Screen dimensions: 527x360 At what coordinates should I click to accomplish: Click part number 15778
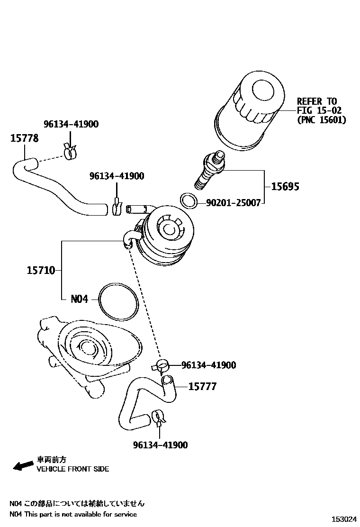(25, 138)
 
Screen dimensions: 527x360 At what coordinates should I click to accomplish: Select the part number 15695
(285, 187)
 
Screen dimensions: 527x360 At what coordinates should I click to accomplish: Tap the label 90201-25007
(233, 203)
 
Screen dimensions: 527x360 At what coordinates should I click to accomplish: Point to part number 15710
(41, 271)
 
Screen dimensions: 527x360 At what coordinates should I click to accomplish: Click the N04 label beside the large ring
(79, 300)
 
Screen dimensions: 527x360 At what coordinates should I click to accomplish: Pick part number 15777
(202, 387)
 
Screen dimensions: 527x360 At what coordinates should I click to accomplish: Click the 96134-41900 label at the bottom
(160, 445)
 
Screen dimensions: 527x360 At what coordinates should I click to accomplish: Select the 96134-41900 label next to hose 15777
(208, 365)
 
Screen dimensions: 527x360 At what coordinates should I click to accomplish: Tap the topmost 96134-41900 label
(71, 124)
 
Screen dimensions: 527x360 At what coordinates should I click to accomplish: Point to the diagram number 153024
(343, 520)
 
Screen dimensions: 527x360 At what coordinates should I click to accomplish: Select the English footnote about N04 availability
(73, 514)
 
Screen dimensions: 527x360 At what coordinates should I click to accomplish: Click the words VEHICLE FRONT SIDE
(73, 469)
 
